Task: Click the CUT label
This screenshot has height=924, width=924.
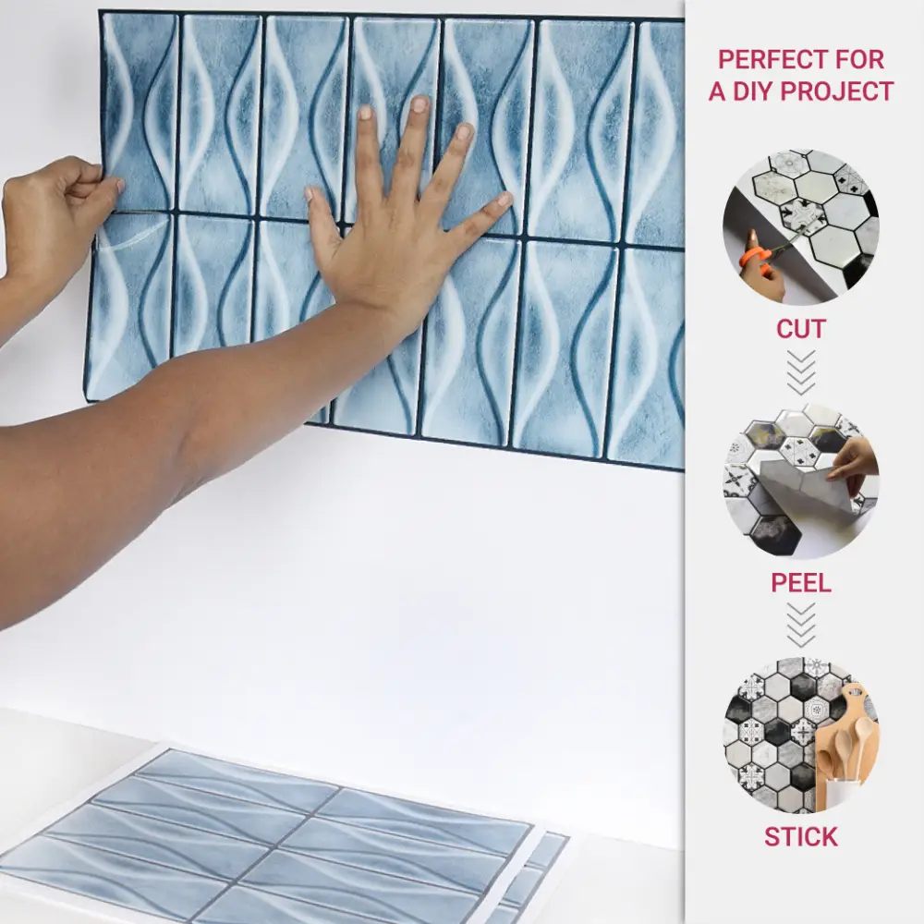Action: (800, 329)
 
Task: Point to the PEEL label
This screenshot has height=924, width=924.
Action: (801, 582)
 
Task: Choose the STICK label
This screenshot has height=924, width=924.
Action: (801, 836)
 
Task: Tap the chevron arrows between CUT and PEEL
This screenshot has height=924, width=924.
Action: (801, 372)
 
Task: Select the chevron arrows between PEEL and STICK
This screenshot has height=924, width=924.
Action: (801, 626)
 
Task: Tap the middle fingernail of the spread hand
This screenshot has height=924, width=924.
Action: (419, 105)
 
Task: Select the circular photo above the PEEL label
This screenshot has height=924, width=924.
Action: (801, 480)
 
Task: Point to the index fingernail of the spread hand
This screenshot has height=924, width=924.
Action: (366, 112)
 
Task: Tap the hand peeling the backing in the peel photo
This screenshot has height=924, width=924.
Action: (855, 471)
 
